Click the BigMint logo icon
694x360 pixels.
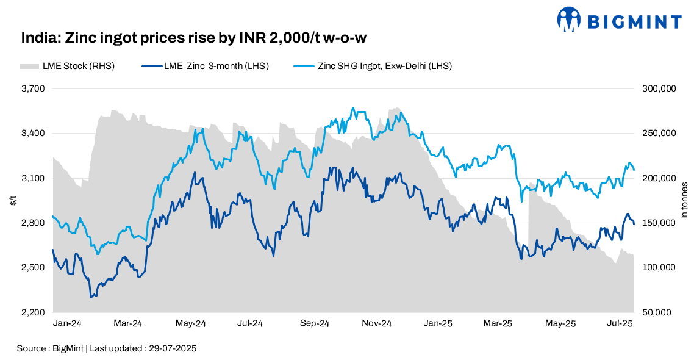pyautogui.click(x=569, y=20)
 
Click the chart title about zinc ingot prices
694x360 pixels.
pyautogui.click(x=193, y=39)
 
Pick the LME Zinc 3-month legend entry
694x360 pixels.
pyautogui.click(x=205, y=66)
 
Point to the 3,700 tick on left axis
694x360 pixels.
pyautogui.click(x=34, y=88)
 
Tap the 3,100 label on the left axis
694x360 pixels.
pyautogui.click(x=34, y=178)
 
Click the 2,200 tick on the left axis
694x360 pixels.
pyautogui.click(x=34, y=312)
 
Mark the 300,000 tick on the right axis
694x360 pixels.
pyautogui.click(x=659, y=88)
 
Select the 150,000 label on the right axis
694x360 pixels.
pyautogui.click(x=659, y=223)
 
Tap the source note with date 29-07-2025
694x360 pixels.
pyautogui.click(x=107, y=348)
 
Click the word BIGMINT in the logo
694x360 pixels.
pyautogui.click(x=634, y=22)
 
